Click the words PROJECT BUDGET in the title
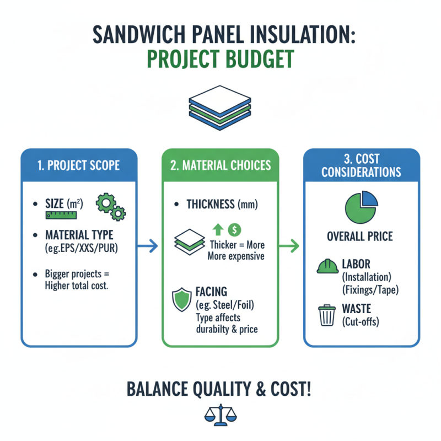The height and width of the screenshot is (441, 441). click(220, 60)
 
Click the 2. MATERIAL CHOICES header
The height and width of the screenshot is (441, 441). click(220, 165)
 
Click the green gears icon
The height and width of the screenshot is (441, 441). click(110, 206)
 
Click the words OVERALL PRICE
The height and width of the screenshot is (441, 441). click(359, 236)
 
